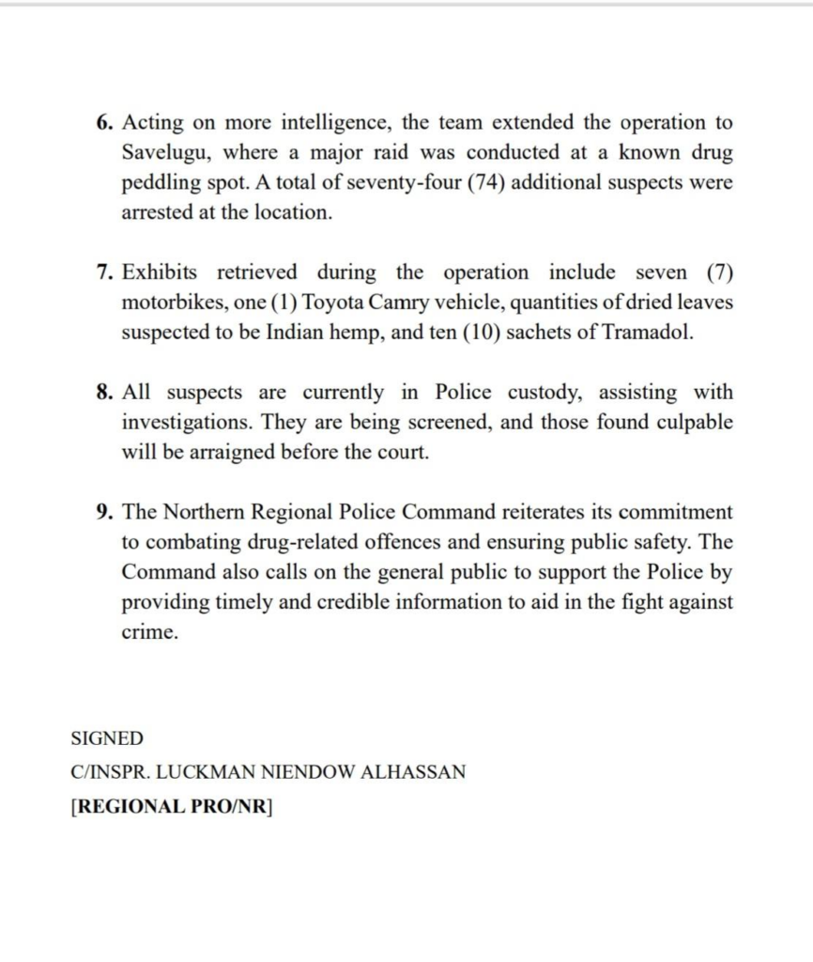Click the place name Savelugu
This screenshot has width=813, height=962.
(x=163, y=153)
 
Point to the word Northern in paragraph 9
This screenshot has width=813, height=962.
(x=201, y=513)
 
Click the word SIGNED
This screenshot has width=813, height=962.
(x=107, y=739)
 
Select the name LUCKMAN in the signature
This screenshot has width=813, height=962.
(x=204, y=773)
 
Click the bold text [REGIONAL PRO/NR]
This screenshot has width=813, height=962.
(x=171, y=807)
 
